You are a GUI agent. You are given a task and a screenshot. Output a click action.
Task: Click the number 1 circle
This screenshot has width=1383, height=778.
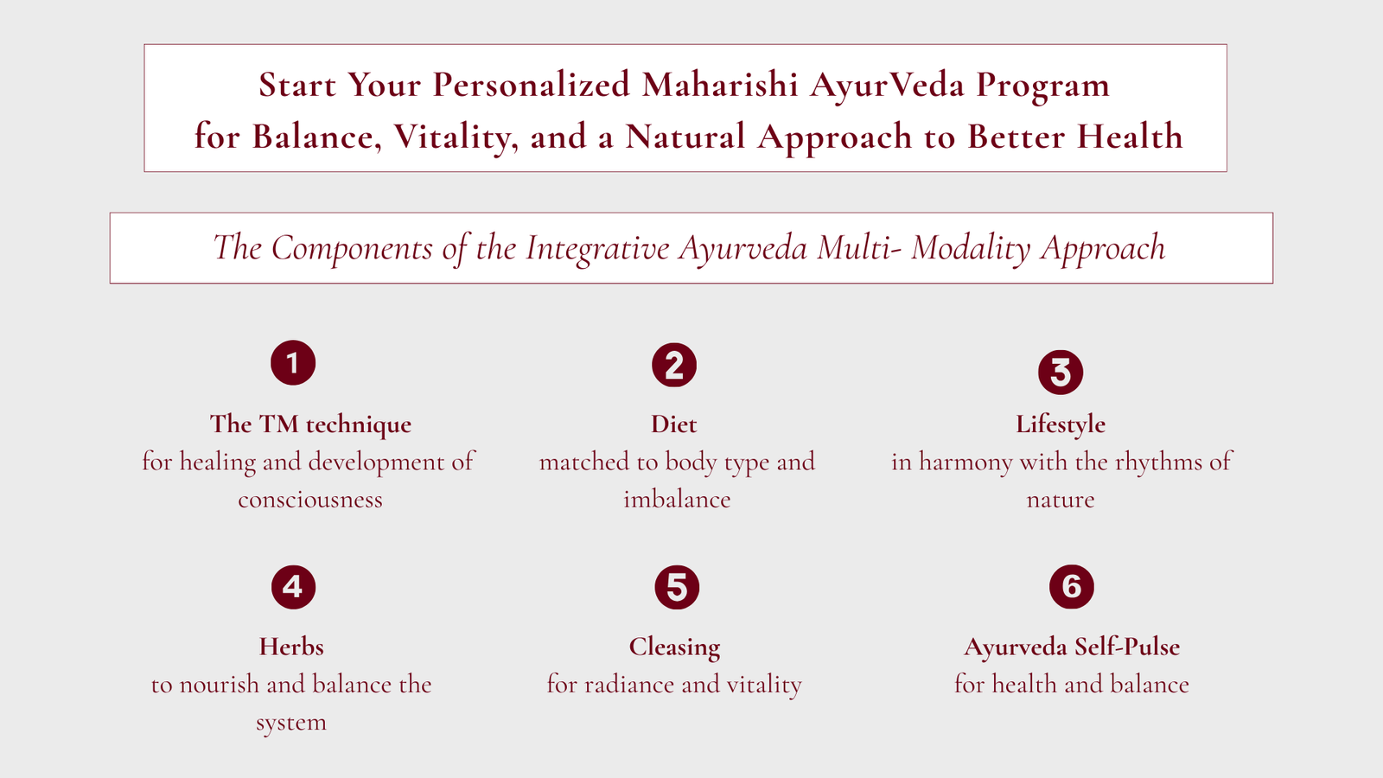point(293,363)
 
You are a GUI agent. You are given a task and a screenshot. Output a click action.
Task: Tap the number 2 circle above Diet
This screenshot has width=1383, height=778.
point(674,365)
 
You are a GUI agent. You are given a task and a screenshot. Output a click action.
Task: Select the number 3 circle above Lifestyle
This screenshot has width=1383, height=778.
point(1061,373)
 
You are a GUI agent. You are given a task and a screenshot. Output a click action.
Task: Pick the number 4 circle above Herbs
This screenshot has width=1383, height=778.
point(293,587)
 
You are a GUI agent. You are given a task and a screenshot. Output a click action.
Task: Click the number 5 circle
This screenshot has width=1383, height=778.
point(678,587)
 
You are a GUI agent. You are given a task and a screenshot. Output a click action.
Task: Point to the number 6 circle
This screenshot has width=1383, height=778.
point(1072,587)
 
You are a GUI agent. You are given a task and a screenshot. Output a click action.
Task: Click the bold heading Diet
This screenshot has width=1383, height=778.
point(674,424)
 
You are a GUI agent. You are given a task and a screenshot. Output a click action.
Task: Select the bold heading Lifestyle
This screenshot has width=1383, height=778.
point(1061,425)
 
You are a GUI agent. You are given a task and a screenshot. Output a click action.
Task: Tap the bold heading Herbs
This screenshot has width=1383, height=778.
point(291,647)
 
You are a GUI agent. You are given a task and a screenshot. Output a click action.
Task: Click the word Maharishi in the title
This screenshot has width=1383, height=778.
point(720,85)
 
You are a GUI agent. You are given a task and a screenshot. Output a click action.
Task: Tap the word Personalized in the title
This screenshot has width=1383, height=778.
point(531,85)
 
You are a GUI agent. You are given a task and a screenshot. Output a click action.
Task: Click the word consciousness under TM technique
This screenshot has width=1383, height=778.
point(310,500)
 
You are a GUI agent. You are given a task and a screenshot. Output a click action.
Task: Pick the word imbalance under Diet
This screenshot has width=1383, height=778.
point(678,499)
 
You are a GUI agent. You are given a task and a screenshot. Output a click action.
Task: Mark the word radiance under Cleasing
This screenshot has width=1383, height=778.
point(626,685)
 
